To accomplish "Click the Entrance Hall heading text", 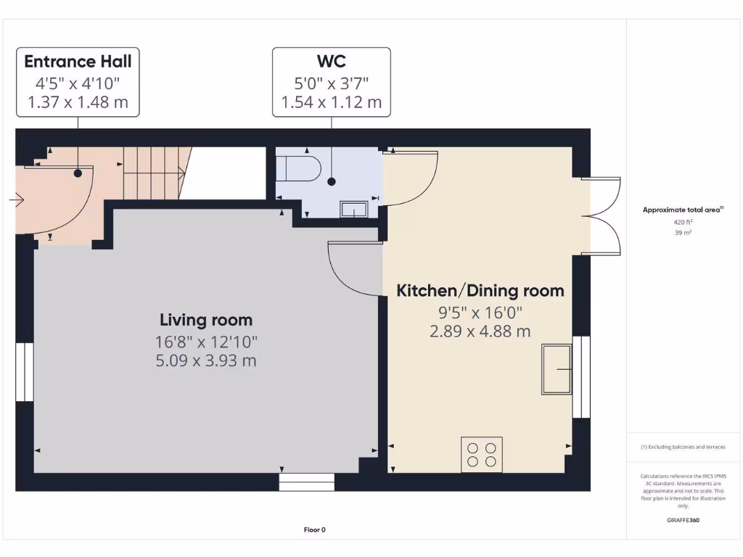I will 78,61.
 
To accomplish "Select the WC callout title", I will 332,61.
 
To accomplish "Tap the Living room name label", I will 206,320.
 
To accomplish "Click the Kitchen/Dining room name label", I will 480,291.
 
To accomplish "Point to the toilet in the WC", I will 299,168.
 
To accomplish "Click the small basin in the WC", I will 354,210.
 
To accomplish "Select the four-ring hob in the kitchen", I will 482,455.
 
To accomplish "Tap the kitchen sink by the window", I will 557,370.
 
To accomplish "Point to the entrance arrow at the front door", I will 17,199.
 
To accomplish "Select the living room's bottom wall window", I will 306,482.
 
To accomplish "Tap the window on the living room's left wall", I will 25,371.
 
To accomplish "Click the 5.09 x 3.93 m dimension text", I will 206,360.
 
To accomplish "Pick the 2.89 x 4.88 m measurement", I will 480,331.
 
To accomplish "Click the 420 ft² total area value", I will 682,223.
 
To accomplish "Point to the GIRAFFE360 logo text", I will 682,520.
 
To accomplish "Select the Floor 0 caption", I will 315,530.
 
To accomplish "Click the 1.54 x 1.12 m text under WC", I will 332,102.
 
